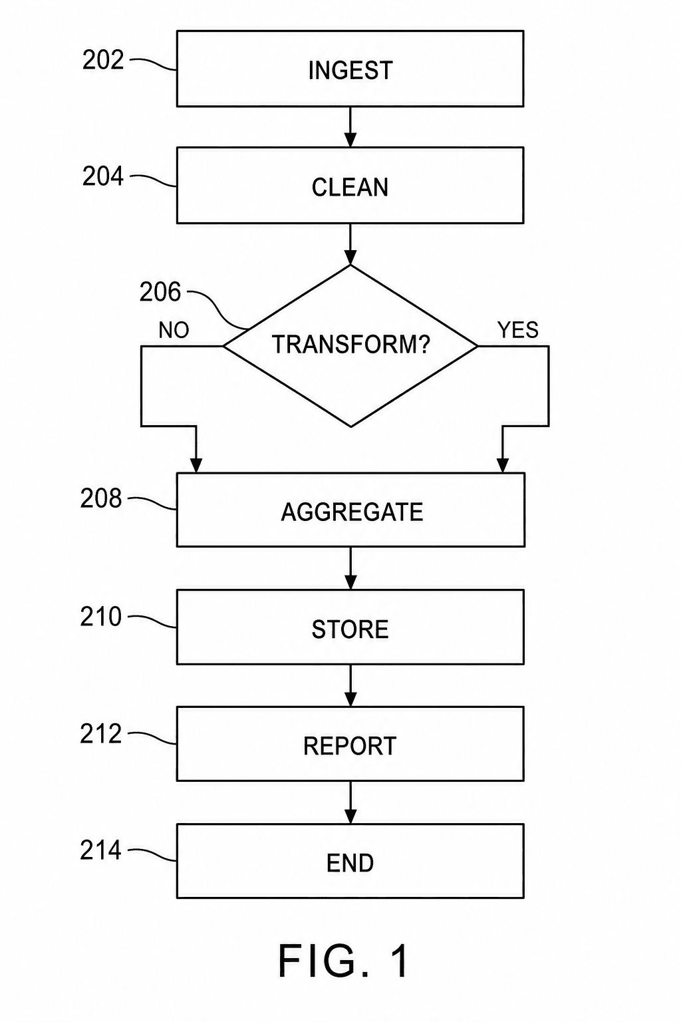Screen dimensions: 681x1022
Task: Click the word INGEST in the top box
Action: coord(350,71)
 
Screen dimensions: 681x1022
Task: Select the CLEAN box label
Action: coord(350,188)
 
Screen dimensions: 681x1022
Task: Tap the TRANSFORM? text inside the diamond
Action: coord(350,344)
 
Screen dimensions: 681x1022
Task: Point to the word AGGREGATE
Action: coord(352,512)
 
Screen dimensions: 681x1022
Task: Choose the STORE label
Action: coord(350,629)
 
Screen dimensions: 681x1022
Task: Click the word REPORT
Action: coord(350,746)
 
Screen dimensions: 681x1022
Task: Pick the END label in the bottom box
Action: coord(350,863)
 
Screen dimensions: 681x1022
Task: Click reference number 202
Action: coord(103,60)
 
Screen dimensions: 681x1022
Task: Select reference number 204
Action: coord(103,176)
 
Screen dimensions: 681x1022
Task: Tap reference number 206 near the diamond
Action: coord(160,292)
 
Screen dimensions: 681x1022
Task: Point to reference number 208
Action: coord(101,498)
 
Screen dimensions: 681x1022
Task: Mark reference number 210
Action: coord(101,616)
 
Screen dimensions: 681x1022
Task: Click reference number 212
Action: coord(101,734)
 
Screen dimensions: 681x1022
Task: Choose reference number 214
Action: coord(101,850)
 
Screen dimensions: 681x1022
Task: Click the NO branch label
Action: coord(174,330)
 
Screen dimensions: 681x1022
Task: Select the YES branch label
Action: coord(518,329)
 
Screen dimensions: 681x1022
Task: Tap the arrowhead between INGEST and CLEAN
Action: coord(350,140)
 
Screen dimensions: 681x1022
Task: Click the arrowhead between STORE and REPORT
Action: coord(350,699)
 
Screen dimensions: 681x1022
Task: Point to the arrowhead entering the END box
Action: coord(350,816)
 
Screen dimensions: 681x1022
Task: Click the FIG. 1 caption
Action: coord(344,961)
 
